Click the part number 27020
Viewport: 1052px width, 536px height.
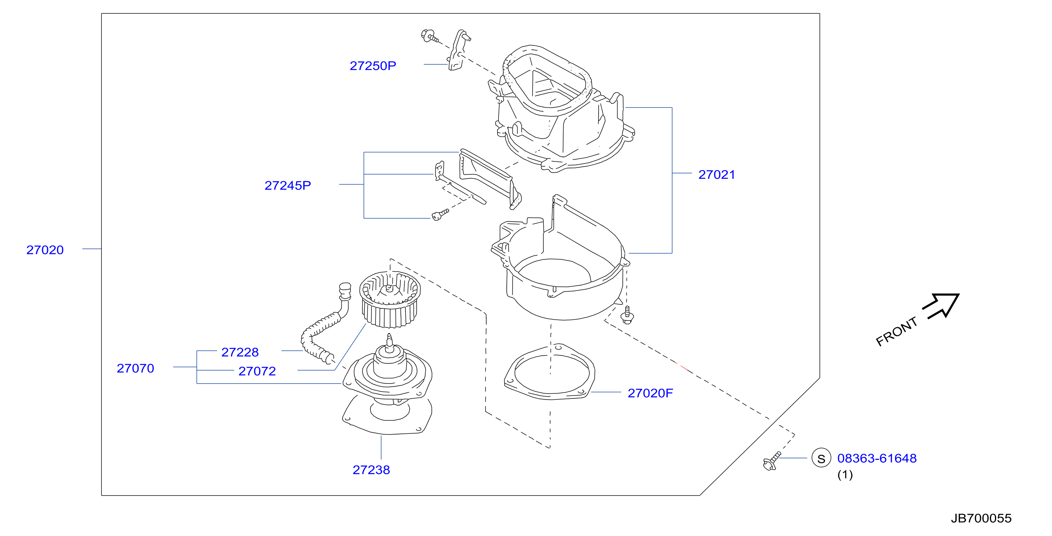pos(45,250)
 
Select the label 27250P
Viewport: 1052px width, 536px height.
pos(373,66)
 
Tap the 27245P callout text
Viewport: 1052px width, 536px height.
pos(288,186)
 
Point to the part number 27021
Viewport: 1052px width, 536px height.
pos(717,175)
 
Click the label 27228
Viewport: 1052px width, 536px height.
pos(240,352)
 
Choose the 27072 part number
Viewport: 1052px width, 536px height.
pos(257,371)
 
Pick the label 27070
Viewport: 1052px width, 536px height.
pos(136,368)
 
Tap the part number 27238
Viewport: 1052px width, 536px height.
pos(371,470)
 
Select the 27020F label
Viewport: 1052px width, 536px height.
pos(650,393)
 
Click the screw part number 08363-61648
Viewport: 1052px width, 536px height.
pos(877,458)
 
